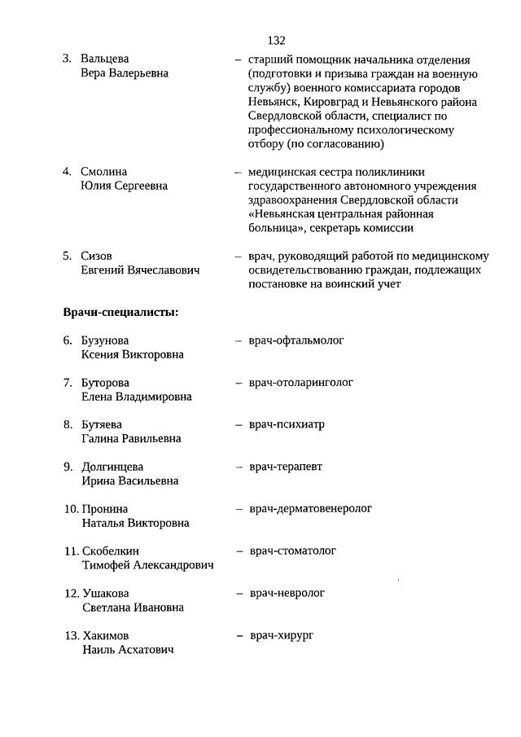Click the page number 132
click(x=275, y=40)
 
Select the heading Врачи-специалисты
click(x=121, y=312)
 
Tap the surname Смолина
click(x=103, y=171)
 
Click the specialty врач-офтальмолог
click(x=296, y=340)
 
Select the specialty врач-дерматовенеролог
click(x=310, y=508)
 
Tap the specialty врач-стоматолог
click(x=293, y=551)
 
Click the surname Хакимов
click(x=106, y=635)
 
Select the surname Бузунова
click(x=106, y=340)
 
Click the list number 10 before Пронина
click(x=71, y=509)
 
